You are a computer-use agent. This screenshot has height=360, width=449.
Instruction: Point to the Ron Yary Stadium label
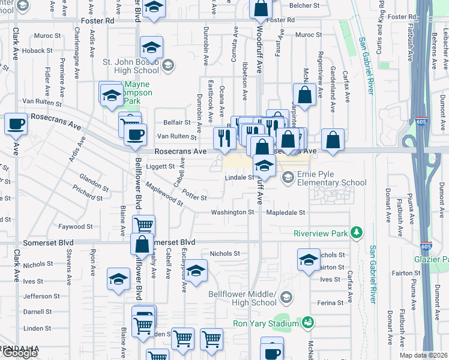[266, 323]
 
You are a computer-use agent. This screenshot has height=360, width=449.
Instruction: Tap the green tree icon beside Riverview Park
[357, 232]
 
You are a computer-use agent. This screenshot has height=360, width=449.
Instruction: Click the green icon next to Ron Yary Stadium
[308, 323]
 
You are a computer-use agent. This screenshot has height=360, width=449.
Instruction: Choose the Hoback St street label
[32, 51]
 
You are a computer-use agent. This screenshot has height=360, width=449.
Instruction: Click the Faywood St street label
[76, 227]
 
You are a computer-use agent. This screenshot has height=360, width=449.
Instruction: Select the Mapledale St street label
[286, 212]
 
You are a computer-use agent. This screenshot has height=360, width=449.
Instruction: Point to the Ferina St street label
[330, 303]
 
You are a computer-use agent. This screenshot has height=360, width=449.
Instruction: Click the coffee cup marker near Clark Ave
[16, 124]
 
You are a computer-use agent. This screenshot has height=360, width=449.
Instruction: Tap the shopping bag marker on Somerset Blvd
[142, 245]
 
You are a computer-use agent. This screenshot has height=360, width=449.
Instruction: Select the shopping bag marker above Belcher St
[261, 8]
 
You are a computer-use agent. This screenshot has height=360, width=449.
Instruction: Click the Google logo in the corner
[19, 353]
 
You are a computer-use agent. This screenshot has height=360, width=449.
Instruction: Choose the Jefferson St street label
[38, 296]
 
